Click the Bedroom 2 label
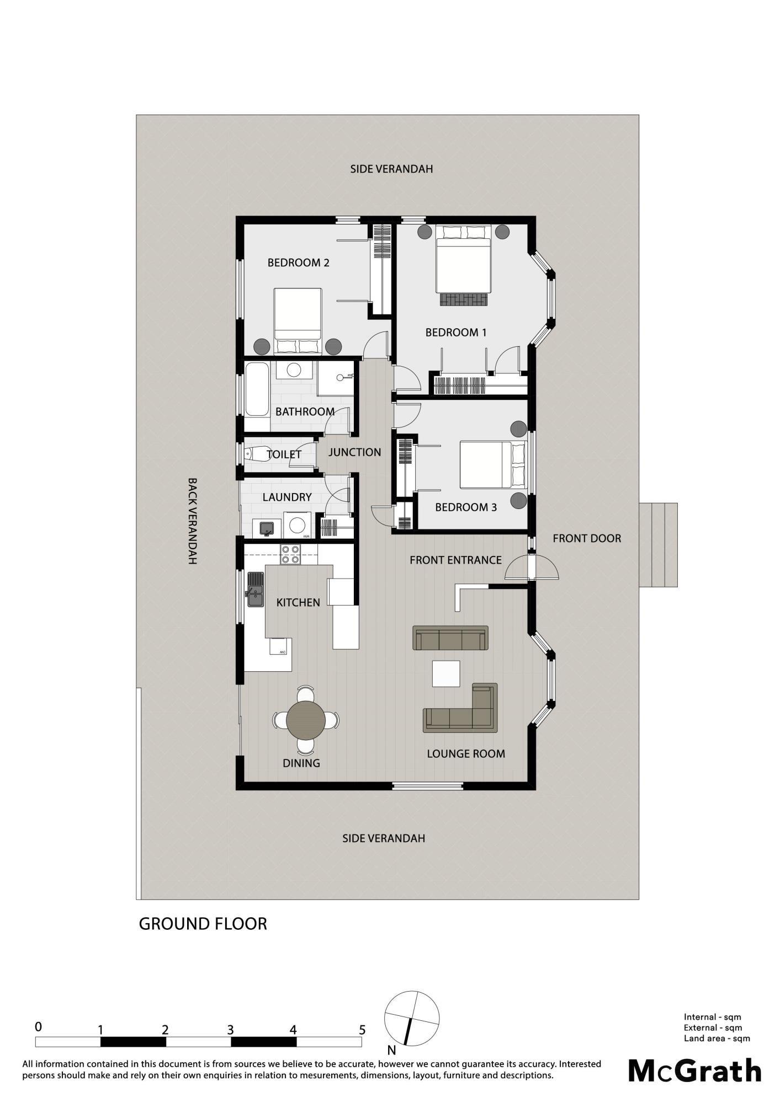[x=298, y=263]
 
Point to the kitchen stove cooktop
[x=290, y=554]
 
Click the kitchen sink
[x=255, y=590]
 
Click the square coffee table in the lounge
[x=446, y=673]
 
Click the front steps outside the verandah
[x=659, y=545]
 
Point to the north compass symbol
[x=412, y=1018]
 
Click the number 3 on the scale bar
[x=230, y=1029]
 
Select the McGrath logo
[x=695, y=1070]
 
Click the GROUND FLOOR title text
[x=203, y=924]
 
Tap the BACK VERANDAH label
[x=192, y=521]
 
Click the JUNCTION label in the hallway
[x=355, y=452]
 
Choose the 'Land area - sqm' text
[x=717, y=1038]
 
